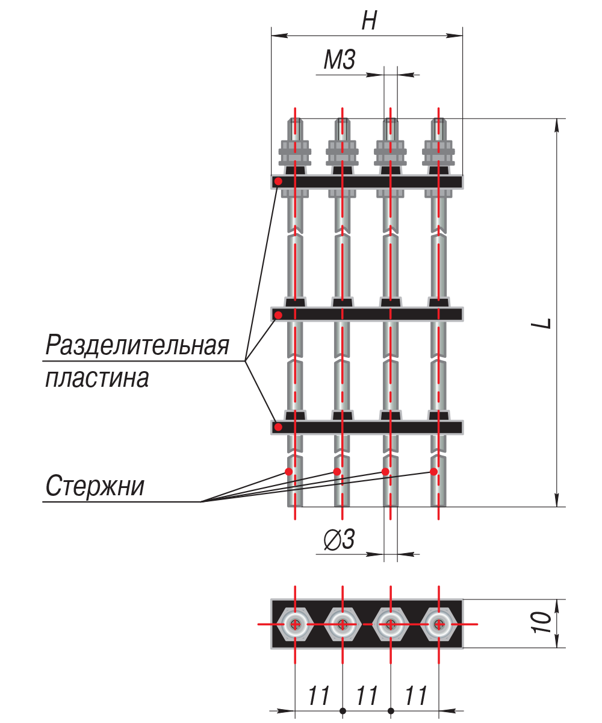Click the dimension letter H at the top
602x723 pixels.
369,22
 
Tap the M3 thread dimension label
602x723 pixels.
339,61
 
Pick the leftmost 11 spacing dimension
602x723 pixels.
319,696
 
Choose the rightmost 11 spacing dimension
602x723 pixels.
416,696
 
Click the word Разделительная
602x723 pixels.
138,346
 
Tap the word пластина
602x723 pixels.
98,378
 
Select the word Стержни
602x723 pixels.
95,486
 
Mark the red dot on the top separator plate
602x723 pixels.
278,181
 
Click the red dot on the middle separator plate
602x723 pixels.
278,315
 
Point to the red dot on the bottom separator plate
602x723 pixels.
278,427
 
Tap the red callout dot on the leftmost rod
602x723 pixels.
289,472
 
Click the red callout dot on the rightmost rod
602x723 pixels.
433,472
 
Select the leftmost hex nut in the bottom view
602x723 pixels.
295,624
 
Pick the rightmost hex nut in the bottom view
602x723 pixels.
439,624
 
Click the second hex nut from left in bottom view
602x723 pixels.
343,624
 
